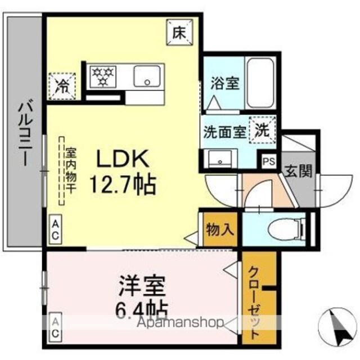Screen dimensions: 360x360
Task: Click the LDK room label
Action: click(x=123, y=159)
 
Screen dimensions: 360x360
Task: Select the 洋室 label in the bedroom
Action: click(x=142, y=286)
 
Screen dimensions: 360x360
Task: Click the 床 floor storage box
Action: click(x=179, y=33)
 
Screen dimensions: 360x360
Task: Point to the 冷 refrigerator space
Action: click(x=62, y=86)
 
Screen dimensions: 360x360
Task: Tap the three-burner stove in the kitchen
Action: click(x=103, y=76)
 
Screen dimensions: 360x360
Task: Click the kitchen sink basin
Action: click(x=147, y=76)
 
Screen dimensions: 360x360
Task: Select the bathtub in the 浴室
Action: click(x=260, y=83)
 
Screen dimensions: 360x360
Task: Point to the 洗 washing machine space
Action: click(x=262, y=130)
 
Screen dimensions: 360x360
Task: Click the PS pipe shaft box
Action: click(x=269, y=161)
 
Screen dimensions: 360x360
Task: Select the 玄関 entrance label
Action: click(x=298, y=171)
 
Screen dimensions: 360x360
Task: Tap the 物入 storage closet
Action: click(x=220, y=230)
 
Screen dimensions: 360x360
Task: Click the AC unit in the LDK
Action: click(x=55, y=229)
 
